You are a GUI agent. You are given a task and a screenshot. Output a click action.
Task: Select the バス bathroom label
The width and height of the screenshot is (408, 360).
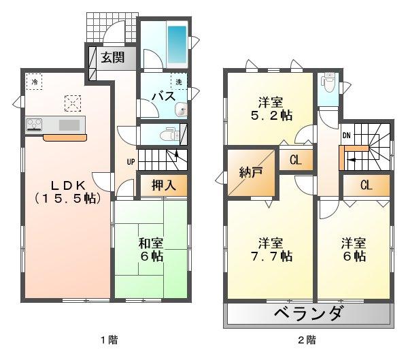[163, 97]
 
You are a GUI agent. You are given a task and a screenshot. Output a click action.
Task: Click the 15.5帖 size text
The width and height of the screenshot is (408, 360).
[65, 199]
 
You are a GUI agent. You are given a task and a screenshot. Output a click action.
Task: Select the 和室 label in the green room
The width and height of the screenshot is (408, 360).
[151, 243]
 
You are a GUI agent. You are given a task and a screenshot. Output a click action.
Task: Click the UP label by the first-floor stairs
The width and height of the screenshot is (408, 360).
[129, 162]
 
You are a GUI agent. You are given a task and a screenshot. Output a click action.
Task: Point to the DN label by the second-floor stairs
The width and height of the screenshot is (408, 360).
[346, 134]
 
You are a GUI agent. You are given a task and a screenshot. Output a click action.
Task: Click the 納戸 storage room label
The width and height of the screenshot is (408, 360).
[250, 173]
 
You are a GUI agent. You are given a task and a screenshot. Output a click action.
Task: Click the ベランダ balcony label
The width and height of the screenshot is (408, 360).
[310, 315]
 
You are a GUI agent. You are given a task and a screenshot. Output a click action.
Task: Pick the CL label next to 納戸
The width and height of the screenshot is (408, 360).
[296, 161]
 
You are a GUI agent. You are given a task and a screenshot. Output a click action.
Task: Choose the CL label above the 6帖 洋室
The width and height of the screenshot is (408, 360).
[365, 185]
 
